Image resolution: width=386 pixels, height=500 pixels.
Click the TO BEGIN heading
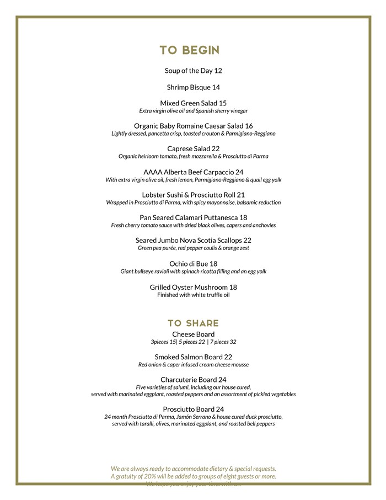pyautogui.click(x=190, y=50)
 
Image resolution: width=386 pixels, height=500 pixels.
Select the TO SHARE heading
pyautogui.click(x=193, y=323)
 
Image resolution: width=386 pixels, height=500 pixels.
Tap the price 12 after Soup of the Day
pyautogui.click(x=218, y=71)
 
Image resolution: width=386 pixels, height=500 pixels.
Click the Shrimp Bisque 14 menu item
pyautogui.click(x=193, y=87)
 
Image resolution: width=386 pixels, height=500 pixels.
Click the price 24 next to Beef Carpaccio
pyautogui.click(x=239, y=172)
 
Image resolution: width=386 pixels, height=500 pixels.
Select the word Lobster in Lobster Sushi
pyautogui.click(x=155, y=195)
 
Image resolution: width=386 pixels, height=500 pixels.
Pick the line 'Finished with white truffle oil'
pyautogui.click(x=193, y=295)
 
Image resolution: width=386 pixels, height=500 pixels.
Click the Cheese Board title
pyautogui.click(x=193, y=334)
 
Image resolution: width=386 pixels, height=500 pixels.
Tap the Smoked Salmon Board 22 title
pyautogui.click(x=193, y=357)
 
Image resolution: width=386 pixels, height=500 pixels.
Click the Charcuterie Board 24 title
pyautogui.click(x=193, y=380)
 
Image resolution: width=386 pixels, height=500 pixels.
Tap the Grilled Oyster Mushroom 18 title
pyautogui.click(x=193, y=287)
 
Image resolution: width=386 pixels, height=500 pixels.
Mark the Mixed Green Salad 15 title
pyautogui.click(x=193, y=103)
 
